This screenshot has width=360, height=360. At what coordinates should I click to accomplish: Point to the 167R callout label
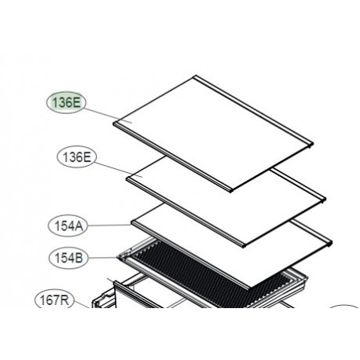54,299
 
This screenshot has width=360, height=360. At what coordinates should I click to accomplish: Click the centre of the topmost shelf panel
214,134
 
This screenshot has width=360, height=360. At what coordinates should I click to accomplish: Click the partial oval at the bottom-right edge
346,311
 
